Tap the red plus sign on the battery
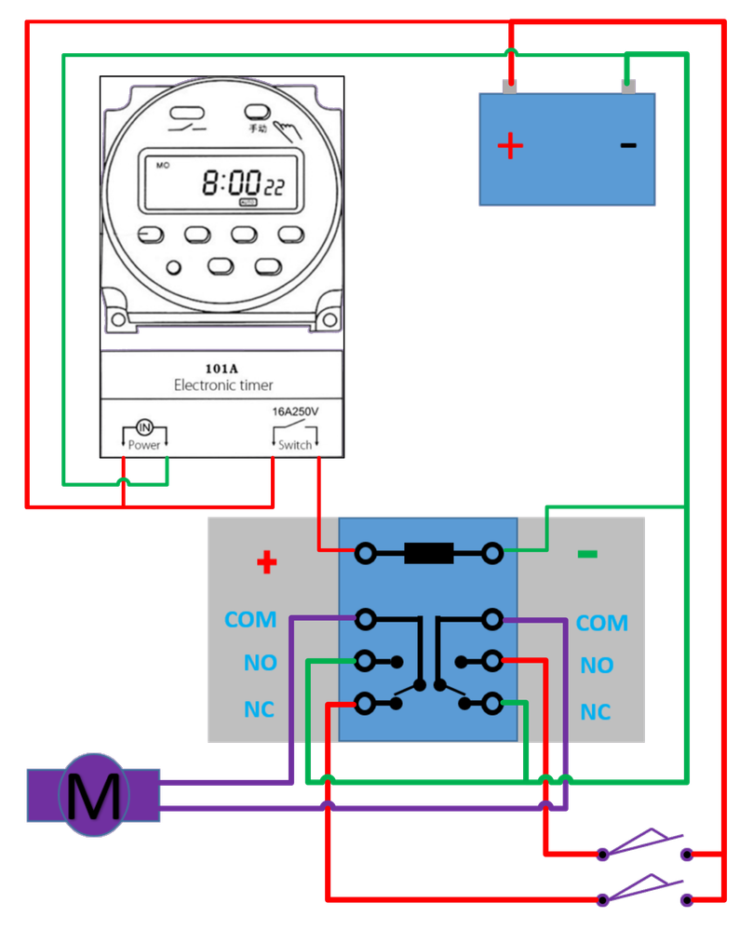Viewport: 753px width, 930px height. [510, 146]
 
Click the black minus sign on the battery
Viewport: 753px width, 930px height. [628, 145]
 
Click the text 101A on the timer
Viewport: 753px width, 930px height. [222, 367]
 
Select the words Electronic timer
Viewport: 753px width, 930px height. [223, 384]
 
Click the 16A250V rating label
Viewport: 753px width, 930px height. [296, 411]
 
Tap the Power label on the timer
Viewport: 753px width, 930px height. [144, 445]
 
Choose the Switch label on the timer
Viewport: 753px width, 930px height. [295, 445]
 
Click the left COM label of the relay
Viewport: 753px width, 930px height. [250, 620]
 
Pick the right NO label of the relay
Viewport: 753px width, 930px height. [597, 666]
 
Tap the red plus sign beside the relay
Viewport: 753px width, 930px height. [267, 562]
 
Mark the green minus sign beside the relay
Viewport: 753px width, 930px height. [587, 554]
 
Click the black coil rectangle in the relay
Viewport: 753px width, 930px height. [428, 554]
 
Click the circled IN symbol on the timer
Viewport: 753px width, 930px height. [145, 427]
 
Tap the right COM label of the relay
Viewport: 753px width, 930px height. [601, 623]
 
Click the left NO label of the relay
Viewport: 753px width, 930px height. [261, 663]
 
